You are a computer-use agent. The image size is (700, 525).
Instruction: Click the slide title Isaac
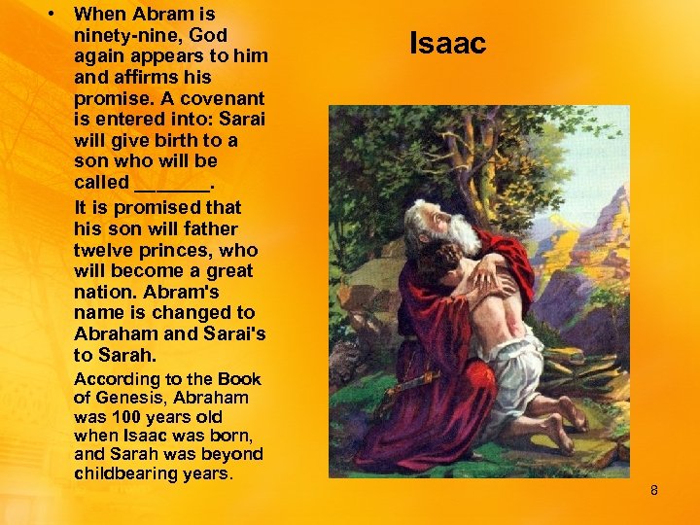click(x=447, y=44)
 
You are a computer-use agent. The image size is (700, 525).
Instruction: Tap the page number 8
click(x=654, y=491)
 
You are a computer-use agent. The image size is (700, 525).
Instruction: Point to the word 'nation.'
click(x=106, y=292)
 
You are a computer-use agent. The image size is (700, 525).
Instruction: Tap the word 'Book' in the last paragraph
click(x=239, y=379)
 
